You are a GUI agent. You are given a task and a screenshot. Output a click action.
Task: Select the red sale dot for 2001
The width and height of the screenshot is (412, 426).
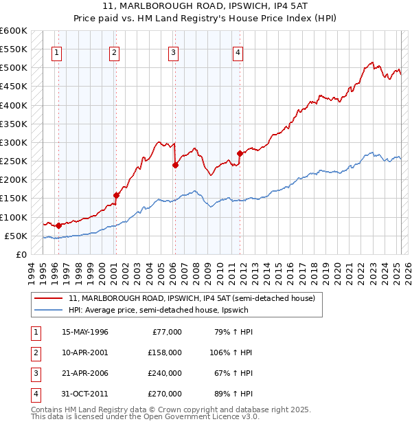[x=116, y=195]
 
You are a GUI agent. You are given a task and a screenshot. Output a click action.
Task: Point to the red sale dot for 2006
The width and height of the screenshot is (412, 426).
[x=175, y=165]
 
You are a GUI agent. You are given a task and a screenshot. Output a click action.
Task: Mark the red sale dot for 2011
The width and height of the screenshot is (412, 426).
[x=240, y=153]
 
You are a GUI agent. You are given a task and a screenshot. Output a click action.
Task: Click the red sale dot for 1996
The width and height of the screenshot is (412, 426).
[x=58, y=225]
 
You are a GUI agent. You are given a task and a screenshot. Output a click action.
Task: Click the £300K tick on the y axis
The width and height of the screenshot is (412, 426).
[x=14, y=142]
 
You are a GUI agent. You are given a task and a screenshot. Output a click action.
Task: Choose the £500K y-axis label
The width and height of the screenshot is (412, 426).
[x=14, y=68]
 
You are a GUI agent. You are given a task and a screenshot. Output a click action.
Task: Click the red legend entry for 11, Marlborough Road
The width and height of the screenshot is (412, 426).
[x=192, y=298]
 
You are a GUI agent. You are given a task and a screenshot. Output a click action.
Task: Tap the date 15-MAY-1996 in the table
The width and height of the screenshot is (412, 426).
[x=85, y=332]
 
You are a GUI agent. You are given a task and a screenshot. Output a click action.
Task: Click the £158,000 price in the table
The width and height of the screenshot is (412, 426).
[x=165, y=352]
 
